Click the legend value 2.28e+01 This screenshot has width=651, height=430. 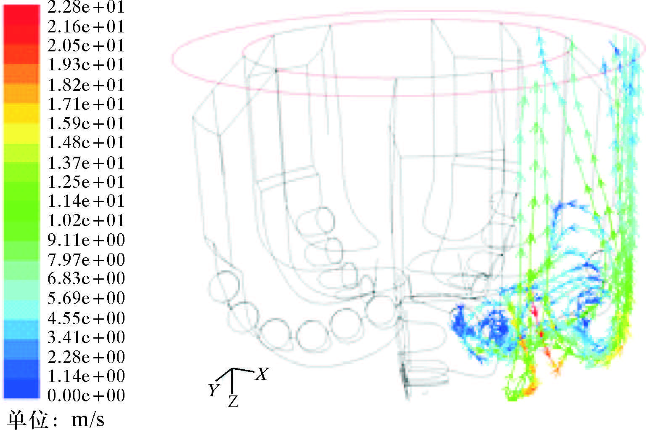pos(86,7)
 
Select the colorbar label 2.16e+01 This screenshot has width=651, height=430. pos(86,27)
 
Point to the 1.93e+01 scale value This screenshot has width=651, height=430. pos(86,64)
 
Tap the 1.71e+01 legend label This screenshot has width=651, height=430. pos(86,104)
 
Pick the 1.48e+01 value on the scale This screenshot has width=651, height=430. pos(86,142)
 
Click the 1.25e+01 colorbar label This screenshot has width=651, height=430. pos(86,182)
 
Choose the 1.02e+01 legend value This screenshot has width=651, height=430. pos(86,220)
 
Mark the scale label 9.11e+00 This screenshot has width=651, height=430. pos(86,240)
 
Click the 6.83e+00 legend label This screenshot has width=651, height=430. pos(86,278)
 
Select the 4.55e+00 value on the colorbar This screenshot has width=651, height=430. pos(86,318)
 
